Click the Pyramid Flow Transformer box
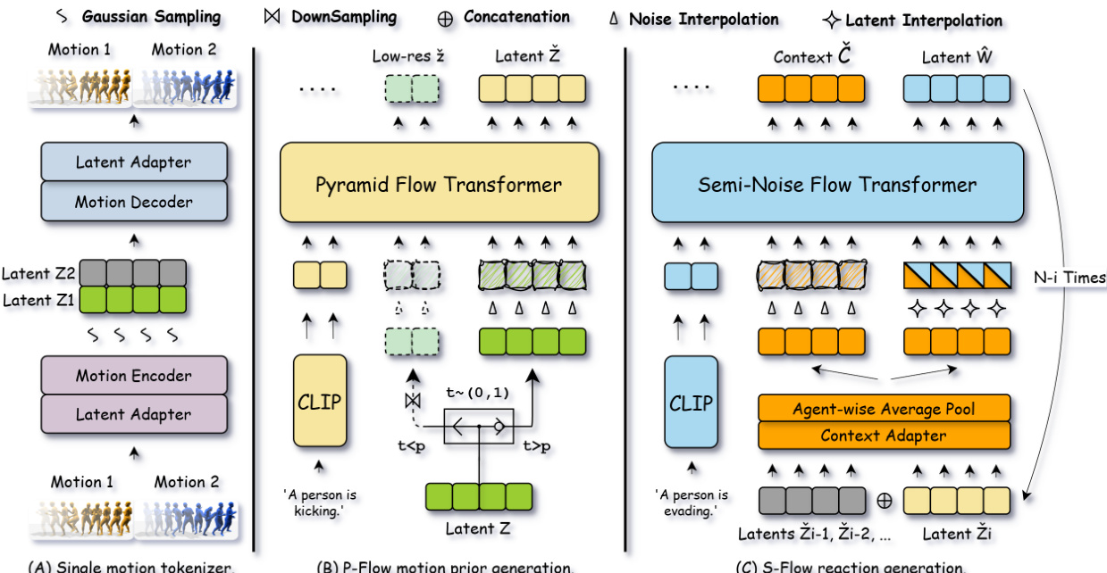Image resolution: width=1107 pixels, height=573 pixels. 439,185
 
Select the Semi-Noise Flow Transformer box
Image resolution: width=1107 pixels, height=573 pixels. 837,185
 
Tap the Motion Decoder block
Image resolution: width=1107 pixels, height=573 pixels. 134,202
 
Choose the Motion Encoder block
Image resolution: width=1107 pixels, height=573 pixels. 134,375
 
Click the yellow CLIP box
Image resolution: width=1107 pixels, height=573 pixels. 319,401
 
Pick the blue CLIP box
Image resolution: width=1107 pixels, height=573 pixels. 691,401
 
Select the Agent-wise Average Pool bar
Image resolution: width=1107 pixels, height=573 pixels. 884,409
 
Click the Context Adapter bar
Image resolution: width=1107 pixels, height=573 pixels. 884,436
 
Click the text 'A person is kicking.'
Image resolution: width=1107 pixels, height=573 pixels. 319,502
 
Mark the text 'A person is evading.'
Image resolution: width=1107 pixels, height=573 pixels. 691,502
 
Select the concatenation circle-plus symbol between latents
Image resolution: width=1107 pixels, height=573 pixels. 884,500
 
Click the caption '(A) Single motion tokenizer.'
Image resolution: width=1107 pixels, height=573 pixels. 132,567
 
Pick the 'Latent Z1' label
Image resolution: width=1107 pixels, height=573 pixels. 38,300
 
